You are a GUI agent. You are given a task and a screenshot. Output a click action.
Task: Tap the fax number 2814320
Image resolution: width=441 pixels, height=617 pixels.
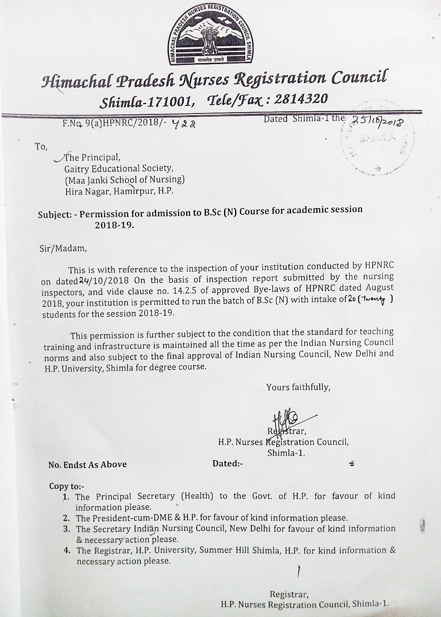click(301, 98)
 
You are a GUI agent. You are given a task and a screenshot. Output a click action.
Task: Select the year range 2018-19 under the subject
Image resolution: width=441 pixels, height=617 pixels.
click(113, 225)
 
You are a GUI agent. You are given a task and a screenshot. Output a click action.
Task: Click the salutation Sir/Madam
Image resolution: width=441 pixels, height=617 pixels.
click(63, 248)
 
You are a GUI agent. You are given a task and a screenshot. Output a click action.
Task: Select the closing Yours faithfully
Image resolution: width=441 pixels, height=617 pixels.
click(298, 387)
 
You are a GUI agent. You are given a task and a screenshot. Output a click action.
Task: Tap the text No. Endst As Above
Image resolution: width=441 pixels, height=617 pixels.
click(87, 465)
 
